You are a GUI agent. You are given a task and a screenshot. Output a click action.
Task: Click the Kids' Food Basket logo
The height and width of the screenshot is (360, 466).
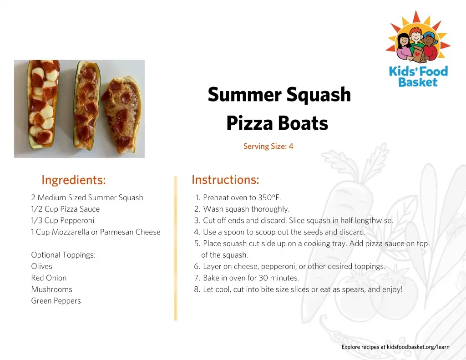tap(418, 49)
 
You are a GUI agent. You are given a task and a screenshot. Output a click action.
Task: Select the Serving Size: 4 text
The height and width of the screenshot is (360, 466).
tap(268, 146)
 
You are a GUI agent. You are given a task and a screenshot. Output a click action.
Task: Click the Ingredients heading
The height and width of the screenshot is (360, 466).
tap(73, 180)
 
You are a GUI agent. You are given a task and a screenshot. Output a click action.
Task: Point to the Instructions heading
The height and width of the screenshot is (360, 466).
tap(225, 180)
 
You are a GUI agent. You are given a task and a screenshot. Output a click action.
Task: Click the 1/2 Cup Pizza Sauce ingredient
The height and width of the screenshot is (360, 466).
tap(66, 209)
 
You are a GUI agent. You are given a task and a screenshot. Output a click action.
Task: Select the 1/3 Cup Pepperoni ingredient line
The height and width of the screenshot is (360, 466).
tap(62, 221)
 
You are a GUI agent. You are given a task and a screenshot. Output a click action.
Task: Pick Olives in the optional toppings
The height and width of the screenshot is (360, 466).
tap(41, 266)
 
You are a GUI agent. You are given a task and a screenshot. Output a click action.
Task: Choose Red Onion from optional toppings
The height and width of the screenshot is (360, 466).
tap(49, 278)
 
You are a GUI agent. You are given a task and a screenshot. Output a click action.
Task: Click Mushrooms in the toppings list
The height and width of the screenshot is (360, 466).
tap(52, 289)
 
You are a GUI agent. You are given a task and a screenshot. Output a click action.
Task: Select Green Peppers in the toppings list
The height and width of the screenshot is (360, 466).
tap(56, 301)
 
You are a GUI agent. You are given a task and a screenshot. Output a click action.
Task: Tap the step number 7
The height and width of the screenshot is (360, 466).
tap(197, 278)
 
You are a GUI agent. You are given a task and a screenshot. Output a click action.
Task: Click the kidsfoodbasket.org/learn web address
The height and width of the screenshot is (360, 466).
tap(418, 347)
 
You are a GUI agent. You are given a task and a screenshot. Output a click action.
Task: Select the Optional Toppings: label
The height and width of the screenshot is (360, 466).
tap(63, 255)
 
